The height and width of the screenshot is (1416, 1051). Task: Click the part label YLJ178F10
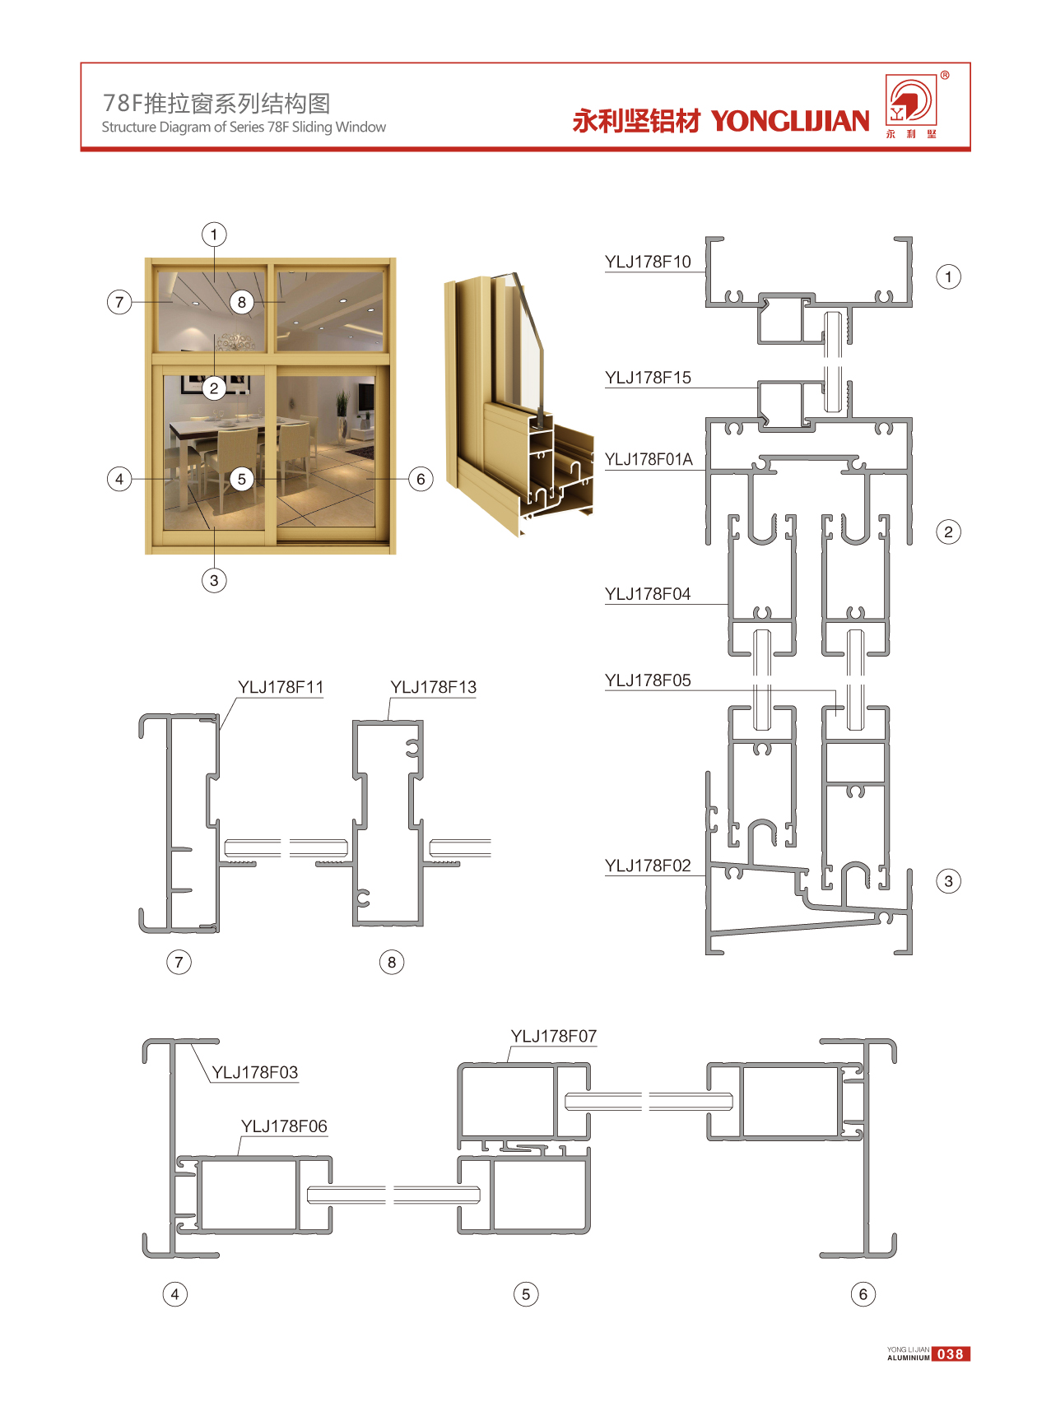[648, 262]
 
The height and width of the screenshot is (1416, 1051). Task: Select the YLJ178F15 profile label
[648, 378]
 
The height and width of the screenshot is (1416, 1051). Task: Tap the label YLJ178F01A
[649, 459]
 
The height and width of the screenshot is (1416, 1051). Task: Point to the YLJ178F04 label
[648, 594]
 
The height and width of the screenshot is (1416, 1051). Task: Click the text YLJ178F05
[648, 680]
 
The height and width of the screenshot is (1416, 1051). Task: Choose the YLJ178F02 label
[648, 866]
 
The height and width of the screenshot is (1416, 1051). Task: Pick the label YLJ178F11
[281, 687]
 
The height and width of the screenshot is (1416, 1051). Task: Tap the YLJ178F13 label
[433, 687]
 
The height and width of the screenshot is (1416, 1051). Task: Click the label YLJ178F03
[255, 1072]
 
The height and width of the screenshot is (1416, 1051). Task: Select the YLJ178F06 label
[284, 1126]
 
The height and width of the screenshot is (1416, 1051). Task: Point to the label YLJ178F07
[554, 1036]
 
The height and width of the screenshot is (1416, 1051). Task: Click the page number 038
[951, 1354]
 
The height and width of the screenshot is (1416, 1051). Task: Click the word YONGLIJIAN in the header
[790, 121]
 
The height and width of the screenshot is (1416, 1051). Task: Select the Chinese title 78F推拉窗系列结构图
[216, 103]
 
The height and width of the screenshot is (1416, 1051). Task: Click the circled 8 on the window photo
[241, 302]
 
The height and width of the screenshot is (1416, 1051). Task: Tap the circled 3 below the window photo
[214, 580]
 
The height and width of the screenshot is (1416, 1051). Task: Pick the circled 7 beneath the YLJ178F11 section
[179, 962]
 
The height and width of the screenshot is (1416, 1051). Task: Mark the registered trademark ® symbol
[945, 75]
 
